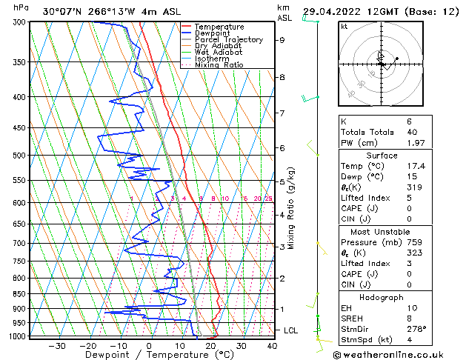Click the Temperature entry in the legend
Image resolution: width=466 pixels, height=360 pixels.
(220, 27)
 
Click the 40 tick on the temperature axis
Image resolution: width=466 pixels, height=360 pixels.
(272, 346)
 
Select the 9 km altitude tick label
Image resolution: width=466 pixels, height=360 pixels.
(282, 40)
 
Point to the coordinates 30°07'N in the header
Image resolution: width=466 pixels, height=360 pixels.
(64, 11)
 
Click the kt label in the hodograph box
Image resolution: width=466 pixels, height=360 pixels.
(344, 27)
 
